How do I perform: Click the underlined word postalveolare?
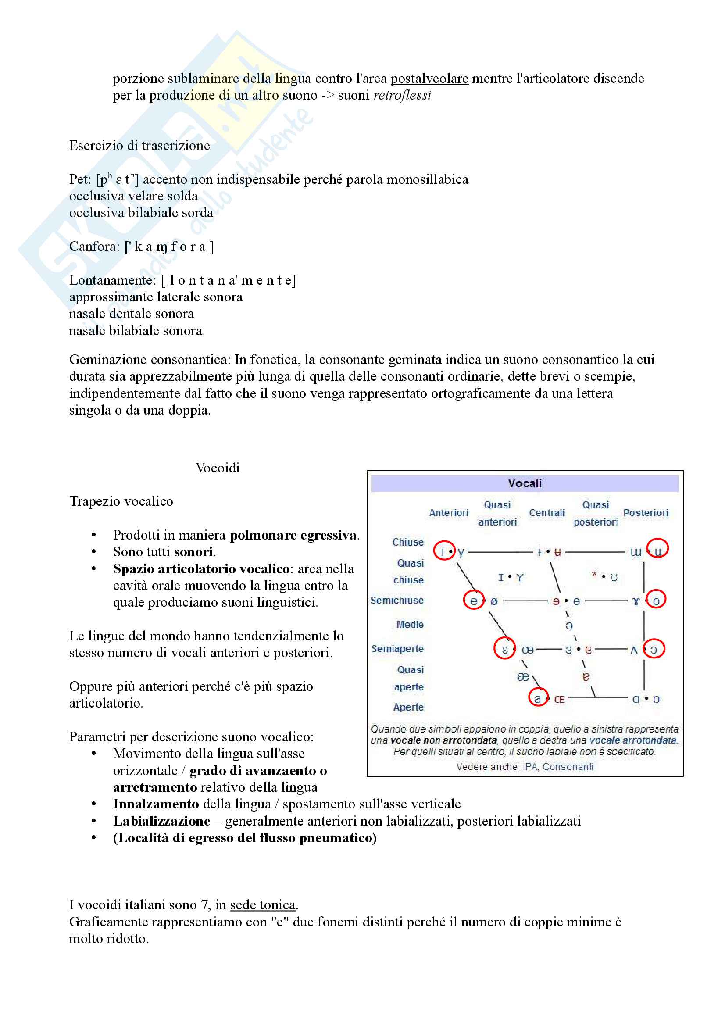coord(429,79)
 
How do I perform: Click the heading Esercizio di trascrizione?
coord(139,146)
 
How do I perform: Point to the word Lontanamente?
coord(112,281)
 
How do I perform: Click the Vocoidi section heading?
coord(218,468)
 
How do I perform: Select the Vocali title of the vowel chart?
coord(525,483)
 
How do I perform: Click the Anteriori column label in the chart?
coord(448,513)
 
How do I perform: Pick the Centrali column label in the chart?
coord(547,513)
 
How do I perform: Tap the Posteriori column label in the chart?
coord(646,513)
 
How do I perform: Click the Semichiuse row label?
coord(397,601)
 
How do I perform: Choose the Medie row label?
coord(410,625)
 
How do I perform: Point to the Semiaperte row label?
coord(397,649)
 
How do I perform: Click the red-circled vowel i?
coord(443,552)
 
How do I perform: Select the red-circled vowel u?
coord(657,552)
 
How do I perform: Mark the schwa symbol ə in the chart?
coord(569,626)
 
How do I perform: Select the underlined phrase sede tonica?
coord(263,905)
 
